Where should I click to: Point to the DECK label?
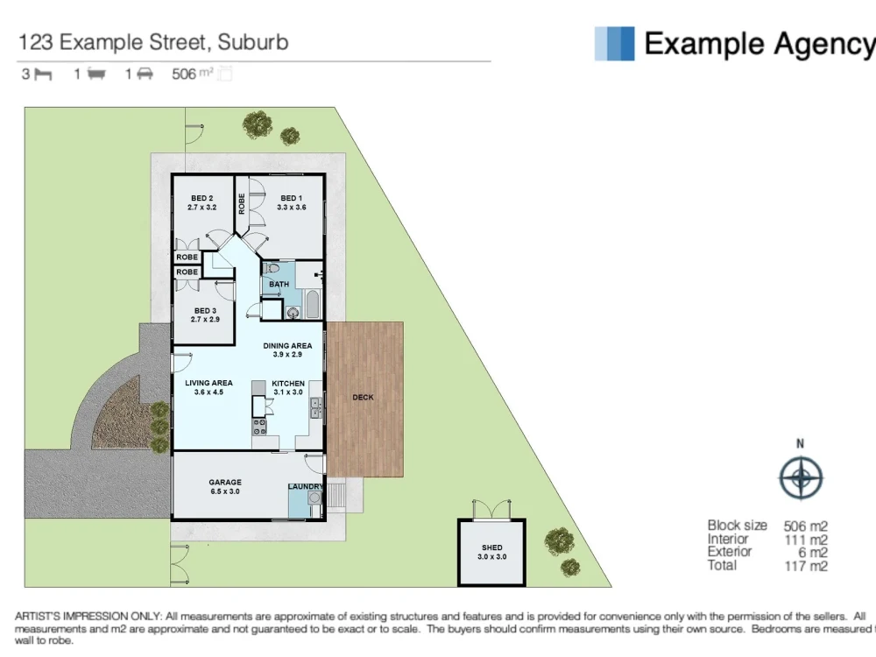click(363, 398)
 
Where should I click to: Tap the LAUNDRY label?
click(306, 487)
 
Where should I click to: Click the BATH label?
click(279, 285)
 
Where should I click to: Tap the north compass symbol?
click(801, 478)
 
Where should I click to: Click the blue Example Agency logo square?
click(614, 43)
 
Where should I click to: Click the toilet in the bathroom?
click(272, 268)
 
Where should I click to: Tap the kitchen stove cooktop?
click(260, 427)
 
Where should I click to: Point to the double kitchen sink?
click(316, 406)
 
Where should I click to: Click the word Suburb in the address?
click(253, 41)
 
